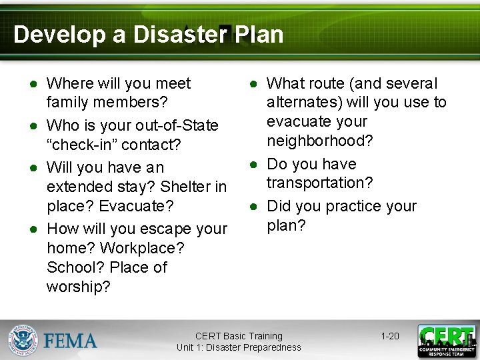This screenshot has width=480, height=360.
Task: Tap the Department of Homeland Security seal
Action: pyautogui.click(x=23, y=340)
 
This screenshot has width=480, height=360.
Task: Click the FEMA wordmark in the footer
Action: pyautogui.click(x=71, y=341)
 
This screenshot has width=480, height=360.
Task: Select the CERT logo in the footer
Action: pyautogui.click(x=446, y=341)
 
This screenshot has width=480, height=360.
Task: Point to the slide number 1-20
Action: pyautogui.click(x=390, y=336)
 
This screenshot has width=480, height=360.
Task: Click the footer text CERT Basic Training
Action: pyautogui.click(x=239, y=336)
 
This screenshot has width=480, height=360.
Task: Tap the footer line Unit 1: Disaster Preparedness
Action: pyautogui.click(x=239, y=347)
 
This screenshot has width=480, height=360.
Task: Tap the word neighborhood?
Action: pyautogui.click(x=320, y=141)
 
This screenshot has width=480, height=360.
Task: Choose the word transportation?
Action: pyautogui.click(x=319, y=183)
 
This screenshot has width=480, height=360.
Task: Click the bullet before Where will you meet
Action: pyautogui.click(x=32, y=84)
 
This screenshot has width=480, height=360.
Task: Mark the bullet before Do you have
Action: pyautogui.click(x=253, y=164)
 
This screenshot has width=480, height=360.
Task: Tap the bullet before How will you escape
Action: pyautogui.click(x=32, y=229)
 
